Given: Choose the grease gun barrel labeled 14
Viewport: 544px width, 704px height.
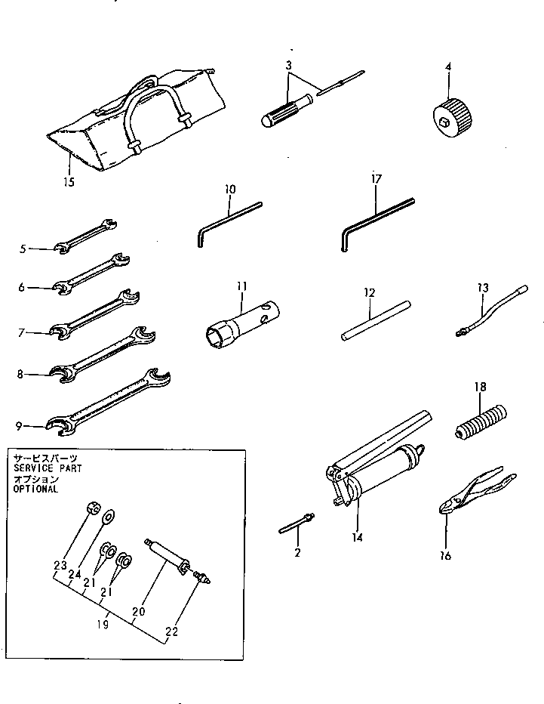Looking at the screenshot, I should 385,472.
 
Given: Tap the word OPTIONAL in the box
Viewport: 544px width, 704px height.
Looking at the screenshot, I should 35,489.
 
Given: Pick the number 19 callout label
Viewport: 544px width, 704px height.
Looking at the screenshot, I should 103,624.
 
